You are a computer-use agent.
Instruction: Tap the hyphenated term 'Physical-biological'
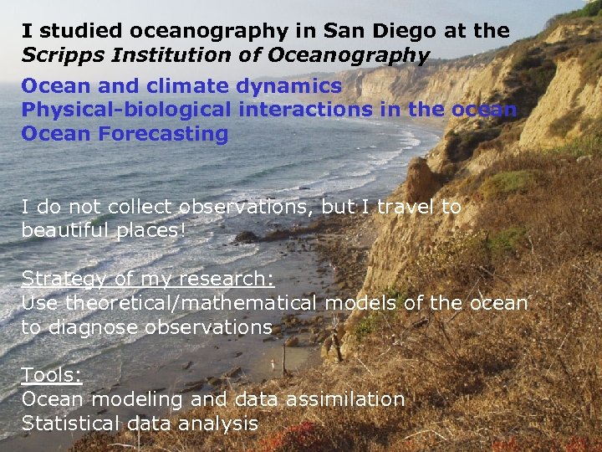125,110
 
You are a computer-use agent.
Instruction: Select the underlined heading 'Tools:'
52,375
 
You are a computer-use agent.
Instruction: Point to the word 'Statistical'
71,424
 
